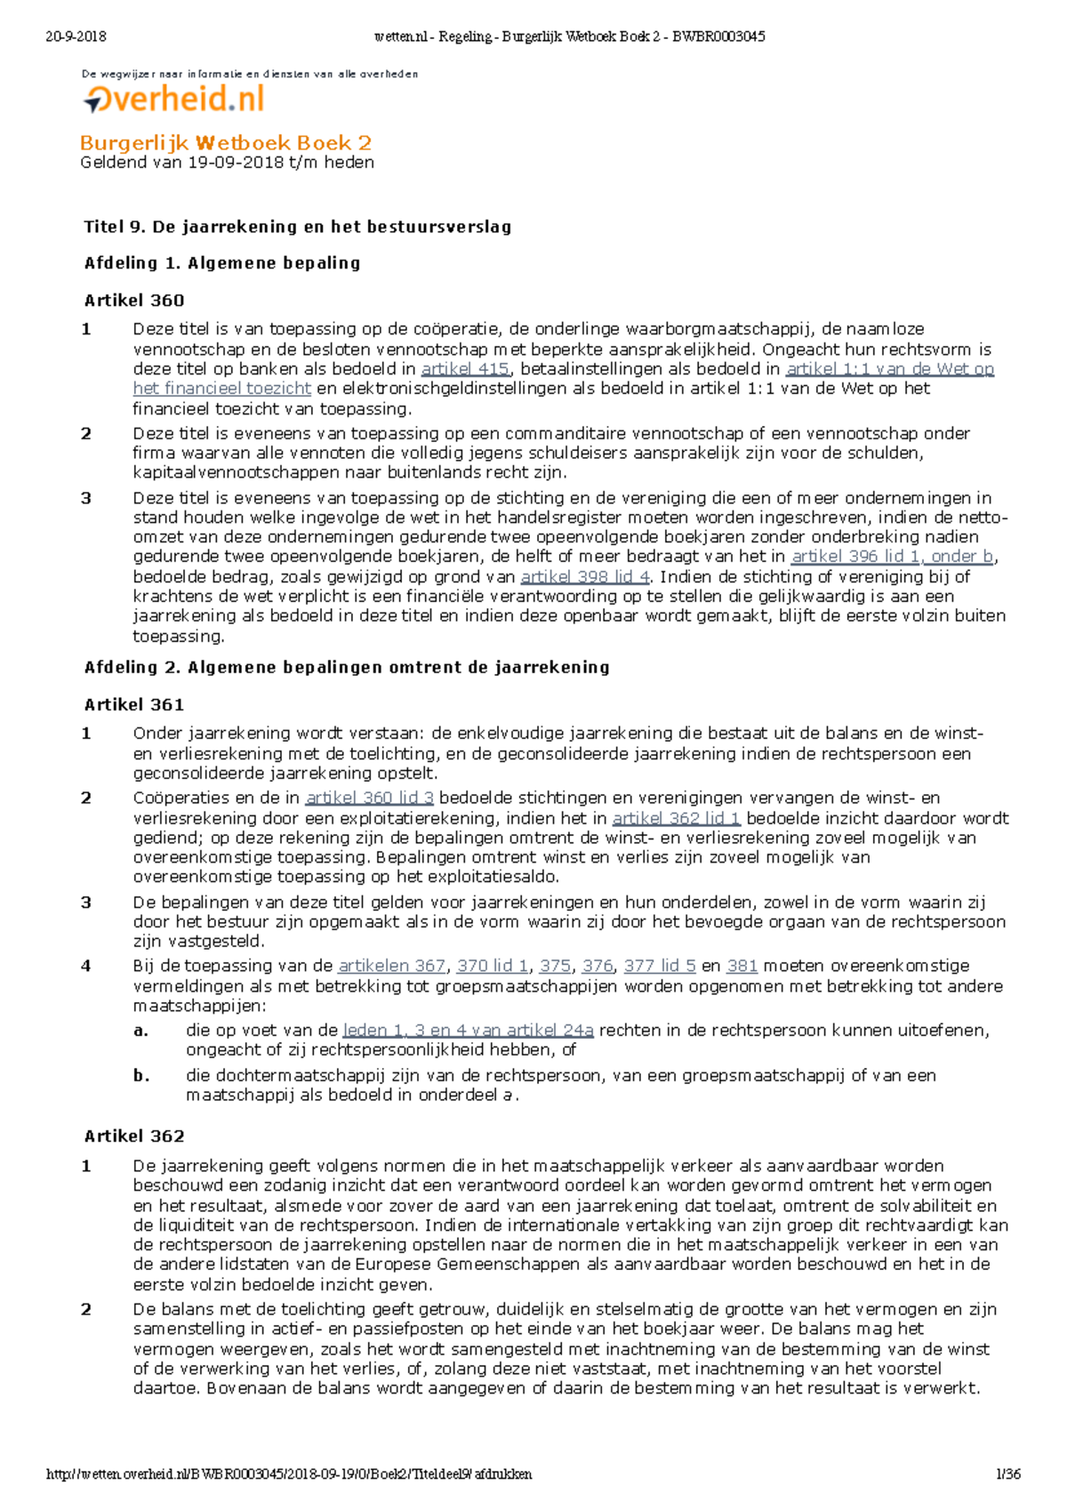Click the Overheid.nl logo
pos(175,99)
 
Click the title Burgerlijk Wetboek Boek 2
pos(226,143)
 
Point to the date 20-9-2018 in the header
pos(76,36)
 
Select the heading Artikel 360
pos(134,301)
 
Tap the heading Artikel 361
pos(134,705)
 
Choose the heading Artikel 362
pos(134,1137)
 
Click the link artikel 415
pos(465,369)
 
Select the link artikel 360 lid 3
pos(370,799)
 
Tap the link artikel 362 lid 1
pos(677,818)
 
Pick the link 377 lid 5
pos(660,966)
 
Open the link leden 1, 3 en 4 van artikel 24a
pos(468,1031)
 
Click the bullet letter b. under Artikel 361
pos(140,1076)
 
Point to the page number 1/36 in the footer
pos(1008,1474)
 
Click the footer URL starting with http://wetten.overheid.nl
pos(289,1474)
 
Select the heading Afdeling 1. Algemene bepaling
pos(222,263)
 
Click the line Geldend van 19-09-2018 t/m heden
pos(227,163)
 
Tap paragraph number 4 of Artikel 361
pos(86,966)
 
